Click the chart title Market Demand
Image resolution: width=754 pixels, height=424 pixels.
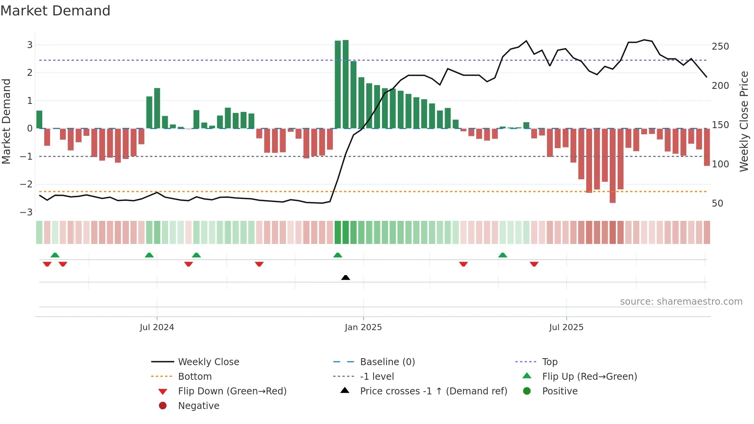click(55, 11)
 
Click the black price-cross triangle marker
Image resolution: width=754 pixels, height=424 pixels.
click(345, 277)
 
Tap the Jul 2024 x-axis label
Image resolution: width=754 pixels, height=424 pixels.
click(157, 327)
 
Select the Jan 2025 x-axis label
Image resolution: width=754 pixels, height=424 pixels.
click(363, 327)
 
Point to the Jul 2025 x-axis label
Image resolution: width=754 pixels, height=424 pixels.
click(566, 327)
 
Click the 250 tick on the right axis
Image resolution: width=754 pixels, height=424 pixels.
click(720, 47)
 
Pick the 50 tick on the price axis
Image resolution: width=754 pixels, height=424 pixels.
click(717, 204)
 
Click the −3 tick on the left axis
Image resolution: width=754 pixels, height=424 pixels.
click(26, 212)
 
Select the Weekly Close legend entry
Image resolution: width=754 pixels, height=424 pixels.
click(208, 362)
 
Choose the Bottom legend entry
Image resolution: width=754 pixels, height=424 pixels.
click(195, 377)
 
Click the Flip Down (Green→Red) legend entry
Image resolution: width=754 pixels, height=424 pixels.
click(232, 391)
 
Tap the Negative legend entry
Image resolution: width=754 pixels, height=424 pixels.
click(199, 406)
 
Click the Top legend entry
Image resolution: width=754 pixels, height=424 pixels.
click(549, 362)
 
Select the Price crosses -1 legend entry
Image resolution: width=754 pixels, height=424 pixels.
click(433, 391)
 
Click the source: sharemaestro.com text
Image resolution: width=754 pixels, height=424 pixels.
click(681, 302)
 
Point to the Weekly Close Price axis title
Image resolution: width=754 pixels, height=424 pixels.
click(744, 121)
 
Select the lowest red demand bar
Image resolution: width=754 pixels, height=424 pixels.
click(612, 165)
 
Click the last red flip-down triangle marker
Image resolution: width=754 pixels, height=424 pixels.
click(534, 264)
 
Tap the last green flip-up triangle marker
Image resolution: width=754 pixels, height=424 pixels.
click(502, 255)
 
